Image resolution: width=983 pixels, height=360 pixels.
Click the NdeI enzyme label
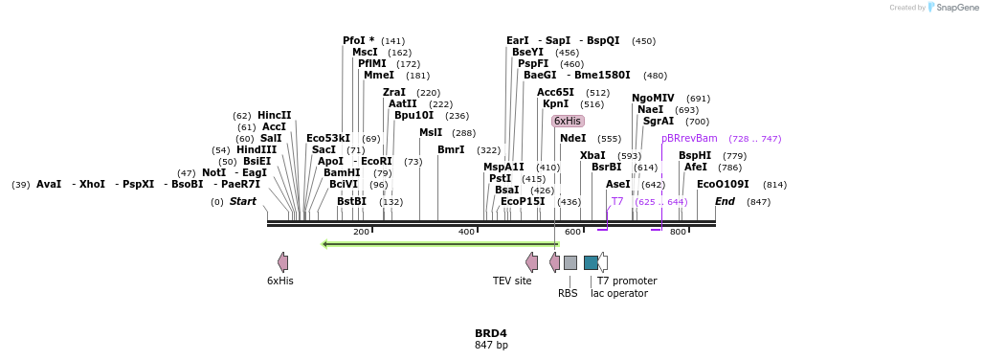(x=573, y=139)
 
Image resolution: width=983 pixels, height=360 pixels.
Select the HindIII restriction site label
(x=257, y=150)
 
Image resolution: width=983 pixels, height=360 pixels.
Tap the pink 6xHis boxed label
(x=568, y=121)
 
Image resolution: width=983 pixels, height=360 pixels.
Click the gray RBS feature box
(x=570, y=262)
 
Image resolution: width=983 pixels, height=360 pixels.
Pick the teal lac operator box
(x=591, y=262)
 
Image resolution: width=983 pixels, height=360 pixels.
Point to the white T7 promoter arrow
(x=602, y=262)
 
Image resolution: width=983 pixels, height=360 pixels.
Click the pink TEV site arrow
(x=531, y=262)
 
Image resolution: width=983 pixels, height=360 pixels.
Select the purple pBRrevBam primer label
(x=689, y=139)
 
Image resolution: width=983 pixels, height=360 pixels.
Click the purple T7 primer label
(x=617, y=202)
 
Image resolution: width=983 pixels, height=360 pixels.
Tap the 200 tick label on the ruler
(x=361, y=232)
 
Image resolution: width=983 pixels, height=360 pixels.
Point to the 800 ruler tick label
(x=678, y=232)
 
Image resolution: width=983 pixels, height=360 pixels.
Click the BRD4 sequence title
(x=491, y=333)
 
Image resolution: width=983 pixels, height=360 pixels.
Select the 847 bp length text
(x=492, y=345)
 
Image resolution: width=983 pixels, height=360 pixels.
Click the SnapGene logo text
(x=956, y=8)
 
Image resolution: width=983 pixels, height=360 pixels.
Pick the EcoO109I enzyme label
(x=723, y=185)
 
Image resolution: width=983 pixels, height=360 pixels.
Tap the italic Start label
(x=242, y=202)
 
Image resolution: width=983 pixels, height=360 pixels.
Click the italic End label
(x=725, y=202)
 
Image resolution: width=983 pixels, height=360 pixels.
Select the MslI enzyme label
(x=431, y=133)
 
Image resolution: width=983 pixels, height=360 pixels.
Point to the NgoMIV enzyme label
(x=653, y=98)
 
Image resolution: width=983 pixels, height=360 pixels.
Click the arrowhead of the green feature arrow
(x=324, y=244)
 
